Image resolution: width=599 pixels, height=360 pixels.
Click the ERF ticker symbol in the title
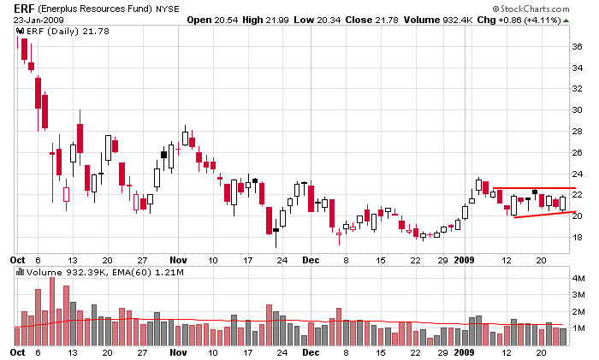point(26,8)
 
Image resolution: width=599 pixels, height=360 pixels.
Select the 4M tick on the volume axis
point(578,279)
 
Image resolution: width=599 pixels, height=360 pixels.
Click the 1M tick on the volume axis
point(578,328)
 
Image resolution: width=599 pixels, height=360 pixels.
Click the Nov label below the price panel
point(178,258)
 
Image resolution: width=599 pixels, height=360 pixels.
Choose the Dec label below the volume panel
point(311,351)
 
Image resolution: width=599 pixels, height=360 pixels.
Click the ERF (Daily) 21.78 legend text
point(55,31)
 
